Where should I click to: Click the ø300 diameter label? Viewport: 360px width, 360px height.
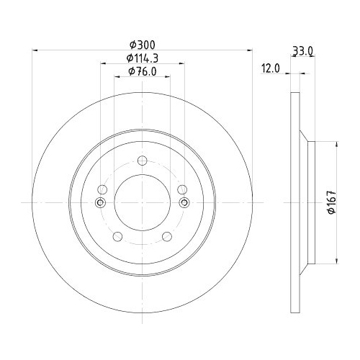point(142,45)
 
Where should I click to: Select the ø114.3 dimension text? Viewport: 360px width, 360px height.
point(142,58)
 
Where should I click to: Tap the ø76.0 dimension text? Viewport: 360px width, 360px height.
point(142,71)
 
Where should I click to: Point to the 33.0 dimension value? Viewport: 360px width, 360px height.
point(302,50)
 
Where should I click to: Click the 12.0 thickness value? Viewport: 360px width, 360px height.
point(270,69)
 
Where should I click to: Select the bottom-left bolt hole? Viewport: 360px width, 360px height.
point(117,236)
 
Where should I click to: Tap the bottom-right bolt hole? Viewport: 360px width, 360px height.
point(167,236)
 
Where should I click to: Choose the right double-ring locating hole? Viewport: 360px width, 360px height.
point(184,203)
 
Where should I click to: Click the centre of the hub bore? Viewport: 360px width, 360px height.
point(142,203)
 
